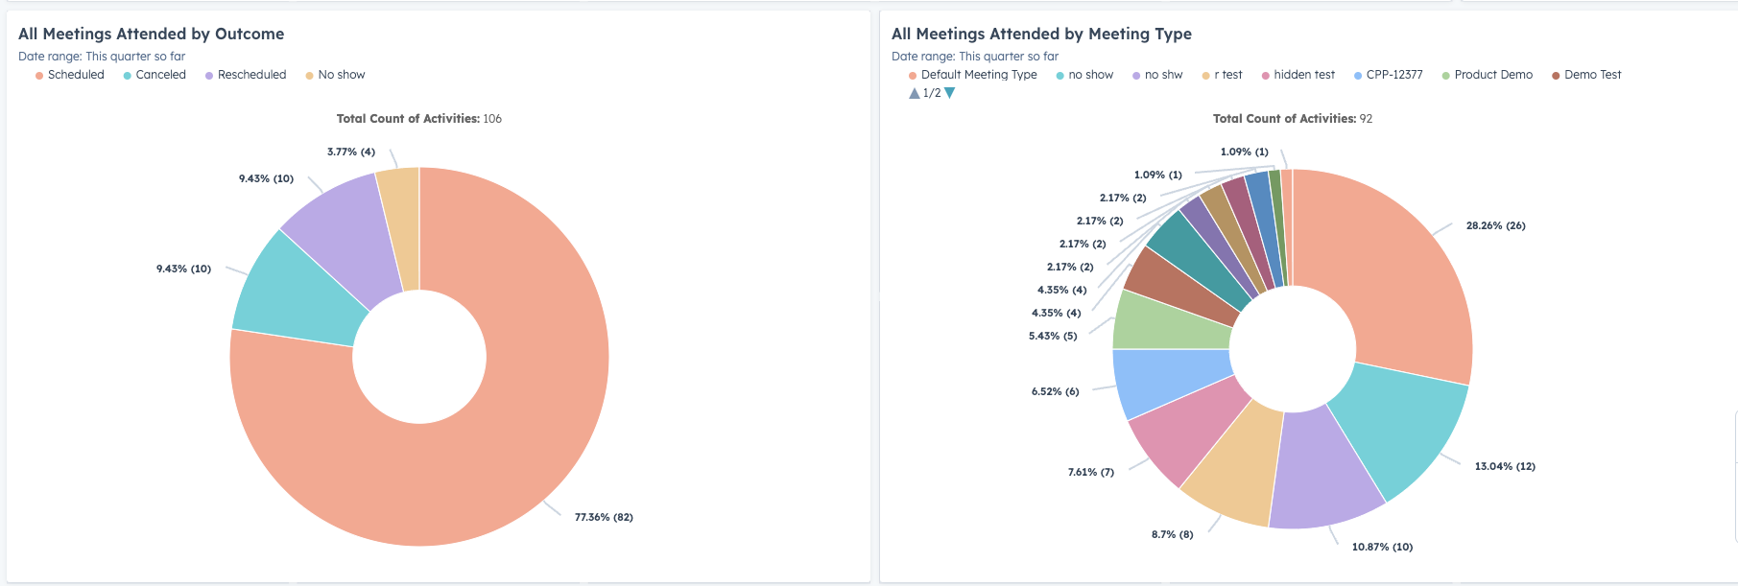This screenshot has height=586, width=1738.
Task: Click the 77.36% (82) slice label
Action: pos(604,517)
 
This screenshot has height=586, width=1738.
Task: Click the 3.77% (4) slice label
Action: pos(351,152)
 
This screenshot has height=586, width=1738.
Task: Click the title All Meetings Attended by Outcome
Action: pos(152,34)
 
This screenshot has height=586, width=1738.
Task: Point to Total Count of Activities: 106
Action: pos(419,119)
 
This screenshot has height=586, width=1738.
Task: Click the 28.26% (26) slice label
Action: pos(1495,225)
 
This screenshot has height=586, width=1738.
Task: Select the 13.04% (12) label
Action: pos(1505,466)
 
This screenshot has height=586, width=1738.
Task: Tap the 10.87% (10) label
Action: pos(1382,547)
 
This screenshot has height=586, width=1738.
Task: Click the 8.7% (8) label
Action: pos(1172,534)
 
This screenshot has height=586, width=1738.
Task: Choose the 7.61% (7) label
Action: pos(1091,472)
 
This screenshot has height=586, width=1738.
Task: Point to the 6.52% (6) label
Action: pos(1055,391)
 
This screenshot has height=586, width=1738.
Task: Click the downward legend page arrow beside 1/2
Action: pos(950,93)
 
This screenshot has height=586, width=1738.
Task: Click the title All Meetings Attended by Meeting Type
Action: pos(1041,34)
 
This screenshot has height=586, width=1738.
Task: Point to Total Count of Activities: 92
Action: pos(1293,119)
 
